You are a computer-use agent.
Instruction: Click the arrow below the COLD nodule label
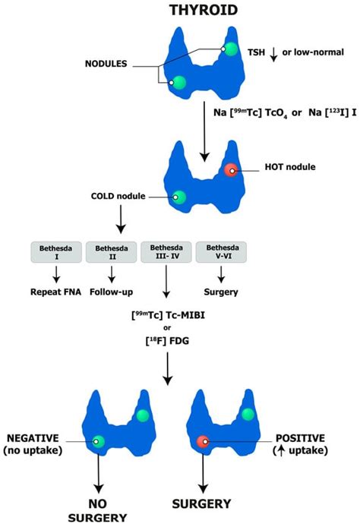(x=118, y=221)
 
